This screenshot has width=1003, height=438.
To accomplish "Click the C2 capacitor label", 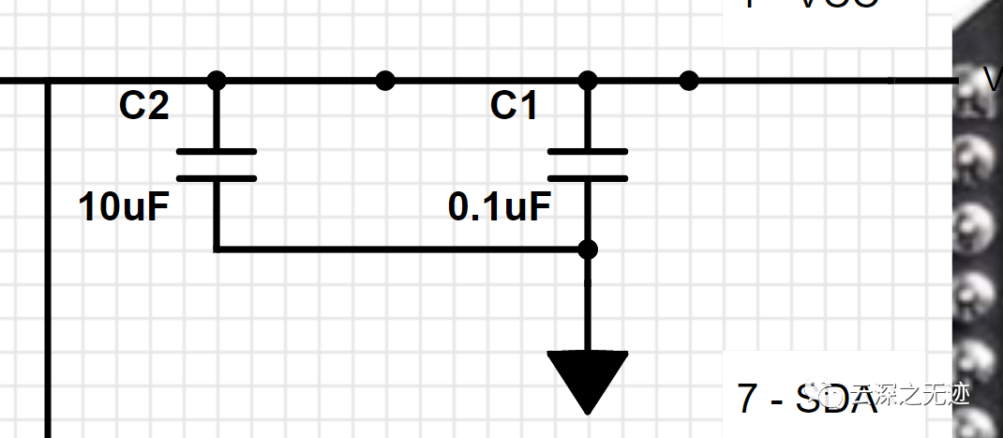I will pyautogui.click(x=143, y=107).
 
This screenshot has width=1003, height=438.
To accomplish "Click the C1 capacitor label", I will pyautogui.click(x=514, y=107).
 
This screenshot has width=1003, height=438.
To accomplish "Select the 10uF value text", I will pyautogui.click(x=124, y=207).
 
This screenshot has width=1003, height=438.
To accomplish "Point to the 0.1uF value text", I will pyautogui.click(x=499, y=207).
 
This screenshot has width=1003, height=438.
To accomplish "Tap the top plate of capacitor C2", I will pyautogui.click(x=216, y=151).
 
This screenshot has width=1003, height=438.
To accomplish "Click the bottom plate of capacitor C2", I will pyautogui.click(x=216, y=177).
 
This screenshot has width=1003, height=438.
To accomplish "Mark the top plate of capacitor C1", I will pyautogui.click(x=587, y=151).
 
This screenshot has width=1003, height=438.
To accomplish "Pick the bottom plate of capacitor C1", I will pyautogui.click(x=587, y=177).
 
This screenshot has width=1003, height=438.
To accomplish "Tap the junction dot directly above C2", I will pyautogui.click(x=216, y=81).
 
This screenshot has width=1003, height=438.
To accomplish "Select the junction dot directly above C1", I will pyautogui.click(x=587, y=81).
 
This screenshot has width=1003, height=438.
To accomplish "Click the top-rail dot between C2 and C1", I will pyautogui.click(x=384, y=81).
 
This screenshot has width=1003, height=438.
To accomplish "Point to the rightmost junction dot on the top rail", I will pyautogui.click(x=689, y=81).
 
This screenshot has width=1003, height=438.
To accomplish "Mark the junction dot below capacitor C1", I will pyautogui.click(x=587, y=249).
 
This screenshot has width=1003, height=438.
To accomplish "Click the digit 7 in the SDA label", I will pyautogui.click(x=746, y=399).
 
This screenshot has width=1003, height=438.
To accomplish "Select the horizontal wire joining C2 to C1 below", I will pyautogui.click(x=394, y=249).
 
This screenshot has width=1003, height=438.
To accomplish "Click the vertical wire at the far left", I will pyautogui.click(x=46, y=263).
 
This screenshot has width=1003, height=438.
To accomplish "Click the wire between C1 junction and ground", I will pyautogui.click(x=587, y=305).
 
